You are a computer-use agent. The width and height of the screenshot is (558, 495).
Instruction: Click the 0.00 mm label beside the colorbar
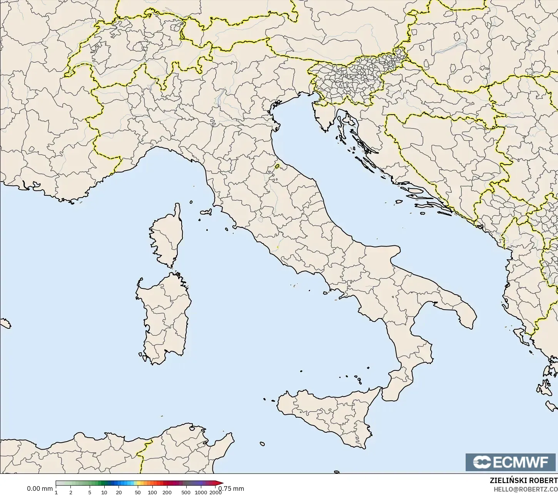(40, 488)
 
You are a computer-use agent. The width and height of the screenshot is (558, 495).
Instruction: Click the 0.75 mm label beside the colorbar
(232, 488)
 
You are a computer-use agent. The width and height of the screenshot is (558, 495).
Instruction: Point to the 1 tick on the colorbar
(56, 492)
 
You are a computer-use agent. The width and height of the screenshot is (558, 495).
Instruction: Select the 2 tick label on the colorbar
(71, 492)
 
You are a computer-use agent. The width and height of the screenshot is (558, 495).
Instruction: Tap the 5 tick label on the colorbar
(90, 492)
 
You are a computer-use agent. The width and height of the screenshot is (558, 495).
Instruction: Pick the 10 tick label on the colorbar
(104, 492)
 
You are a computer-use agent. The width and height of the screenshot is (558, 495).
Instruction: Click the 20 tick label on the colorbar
(119, 492)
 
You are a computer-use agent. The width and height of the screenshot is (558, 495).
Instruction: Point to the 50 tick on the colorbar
(138, 492)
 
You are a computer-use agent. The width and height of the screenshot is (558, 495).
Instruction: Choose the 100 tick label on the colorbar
(152, 492)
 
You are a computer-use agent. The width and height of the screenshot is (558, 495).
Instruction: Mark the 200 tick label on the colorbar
(167, 492)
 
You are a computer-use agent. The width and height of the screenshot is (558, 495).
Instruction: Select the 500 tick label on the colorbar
(186, 492)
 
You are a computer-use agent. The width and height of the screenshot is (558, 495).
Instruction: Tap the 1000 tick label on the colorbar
(200, 492)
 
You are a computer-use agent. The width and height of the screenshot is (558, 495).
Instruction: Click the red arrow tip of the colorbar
(222, 483)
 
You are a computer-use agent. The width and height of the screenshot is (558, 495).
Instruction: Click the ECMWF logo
(511, 462)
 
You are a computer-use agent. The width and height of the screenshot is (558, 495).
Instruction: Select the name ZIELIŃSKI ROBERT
(523, 481)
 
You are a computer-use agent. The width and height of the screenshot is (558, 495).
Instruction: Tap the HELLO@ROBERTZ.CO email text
(526, 489)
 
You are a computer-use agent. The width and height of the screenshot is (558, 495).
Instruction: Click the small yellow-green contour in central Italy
(277, 167)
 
